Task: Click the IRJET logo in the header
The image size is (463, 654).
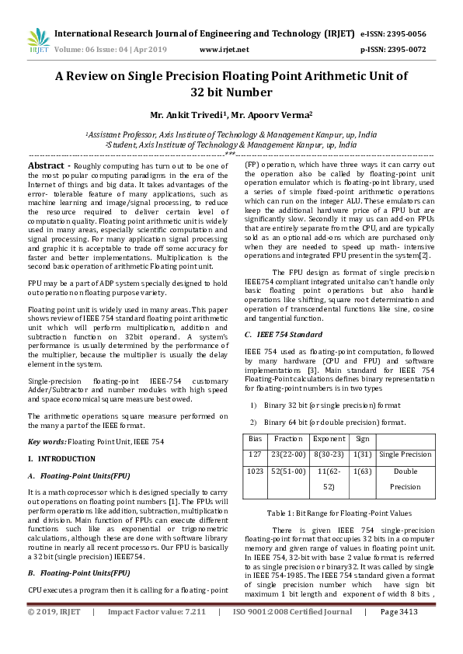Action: pos(37,40)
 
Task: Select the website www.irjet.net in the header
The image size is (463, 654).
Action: pos(224,49)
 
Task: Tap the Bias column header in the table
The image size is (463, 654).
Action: pos(255,439)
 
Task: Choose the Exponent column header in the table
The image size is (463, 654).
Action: pos(329,439)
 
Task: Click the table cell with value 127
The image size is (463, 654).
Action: pos(255,454)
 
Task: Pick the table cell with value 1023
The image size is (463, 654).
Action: pos(255,471)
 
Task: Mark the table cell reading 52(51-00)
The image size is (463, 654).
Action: pos(288,471)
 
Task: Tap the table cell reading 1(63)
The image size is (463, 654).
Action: pos(361,471)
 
